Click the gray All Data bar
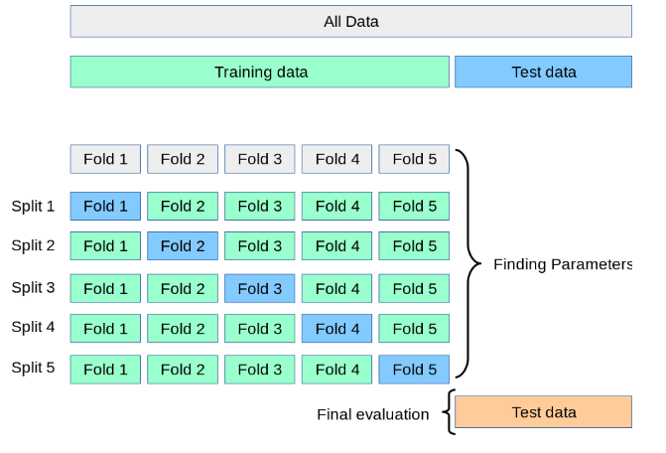350,21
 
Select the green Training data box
259,72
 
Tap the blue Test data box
543,72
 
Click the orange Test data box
543,412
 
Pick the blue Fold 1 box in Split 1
105,206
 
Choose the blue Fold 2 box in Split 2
183,245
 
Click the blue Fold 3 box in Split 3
259,288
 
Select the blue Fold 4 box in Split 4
336,329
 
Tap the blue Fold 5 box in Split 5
414,370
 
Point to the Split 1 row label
33,206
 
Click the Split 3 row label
33,288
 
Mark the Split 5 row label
33,368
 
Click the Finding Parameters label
563,264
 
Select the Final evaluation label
373,414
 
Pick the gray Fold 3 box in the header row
259,159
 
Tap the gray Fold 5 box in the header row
414,159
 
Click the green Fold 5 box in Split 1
414,206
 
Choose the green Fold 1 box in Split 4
105,329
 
